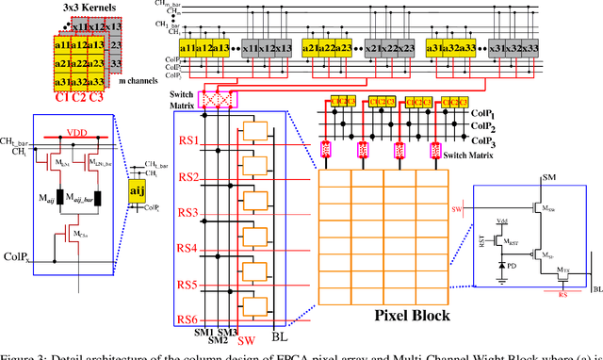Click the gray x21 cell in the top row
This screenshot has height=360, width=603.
(x=347, y=48)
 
